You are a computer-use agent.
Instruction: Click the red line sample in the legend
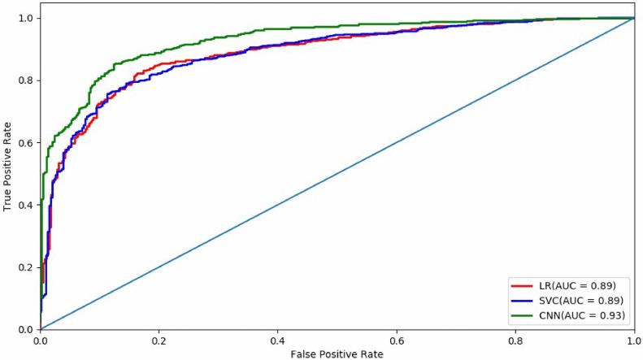[x=521, y=285]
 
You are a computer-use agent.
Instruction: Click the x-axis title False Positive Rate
[x=337, y=353]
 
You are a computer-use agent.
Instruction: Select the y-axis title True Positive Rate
[x=7, y=172]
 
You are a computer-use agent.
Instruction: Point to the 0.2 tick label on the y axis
[x=27, y=267]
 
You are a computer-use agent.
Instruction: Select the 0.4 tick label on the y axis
[x=27, y=205]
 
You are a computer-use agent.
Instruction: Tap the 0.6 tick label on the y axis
[x=27, y=142]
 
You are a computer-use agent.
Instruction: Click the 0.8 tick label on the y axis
[x=27, y=80]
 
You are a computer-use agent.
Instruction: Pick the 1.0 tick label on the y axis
[x=27, y=18]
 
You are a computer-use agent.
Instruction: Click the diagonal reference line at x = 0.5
[x=337, y=173]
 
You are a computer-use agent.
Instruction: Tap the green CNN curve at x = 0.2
[x=159, y=54]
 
